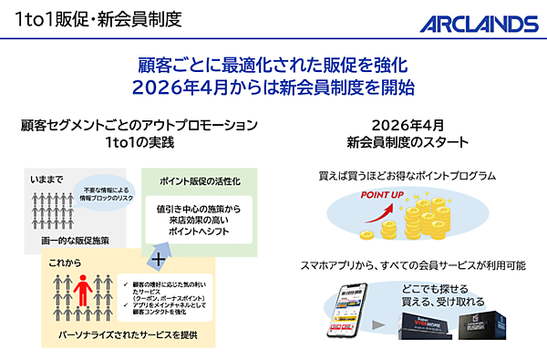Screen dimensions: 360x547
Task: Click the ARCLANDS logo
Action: point(479,22)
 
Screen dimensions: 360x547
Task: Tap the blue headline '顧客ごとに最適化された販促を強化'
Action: point(273,67)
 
